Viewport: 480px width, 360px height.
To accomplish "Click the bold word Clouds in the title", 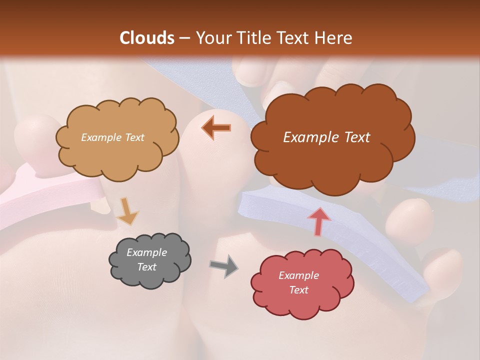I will pos(147,38).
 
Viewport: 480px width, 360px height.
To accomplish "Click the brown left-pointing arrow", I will pos(216,128).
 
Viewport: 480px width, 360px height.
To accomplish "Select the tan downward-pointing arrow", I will pos(127,211).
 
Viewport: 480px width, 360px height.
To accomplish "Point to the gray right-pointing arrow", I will pos(224,265).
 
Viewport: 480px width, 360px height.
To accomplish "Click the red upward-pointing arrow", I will pos(318,221).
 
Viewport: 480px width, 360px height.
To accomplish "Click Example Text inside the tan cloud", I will pos(112,137).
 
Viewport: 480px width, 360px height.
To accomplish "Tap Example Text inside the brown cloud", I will pos(326,137).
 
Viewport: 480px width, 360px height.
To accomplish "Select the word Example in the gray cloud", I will pos(146,252).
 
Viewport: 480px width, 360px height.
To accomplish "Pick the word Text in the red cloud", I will pos(298,290).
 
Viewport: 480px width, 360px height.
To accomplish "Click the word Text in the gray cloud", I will pos(146,267).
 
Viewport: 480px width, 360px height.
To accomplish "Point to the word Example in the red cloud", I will pos(298,275).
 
